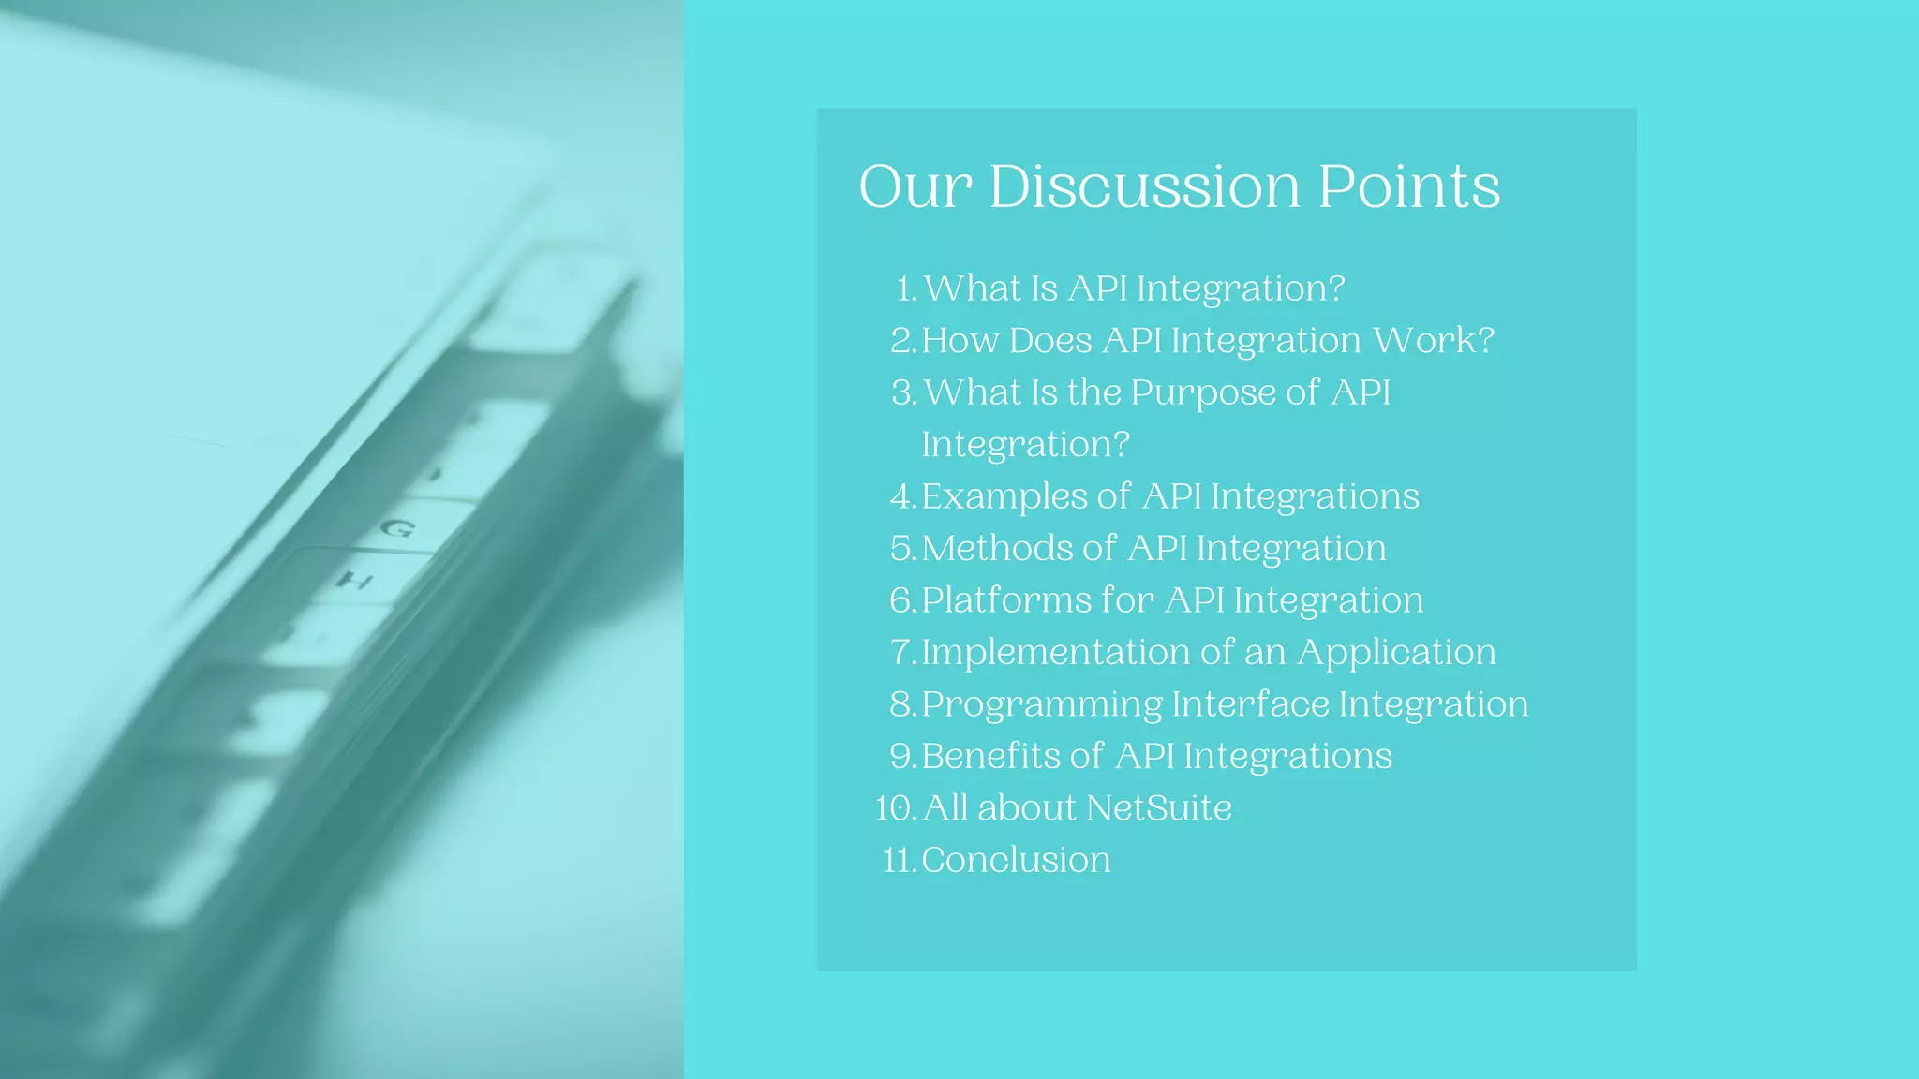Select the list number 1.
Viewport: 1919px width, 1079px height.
click(x=905, y=288)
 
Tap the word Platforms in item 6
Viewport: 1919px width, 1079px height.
click(x=1005, y=600)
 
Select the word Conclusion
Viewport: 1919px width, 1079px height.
click(x=1016, y=860)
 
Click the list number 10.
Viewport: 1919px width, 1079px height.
click(x=894, y=808)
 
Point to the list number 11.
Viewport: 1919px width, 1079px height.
click(x=898, y=860)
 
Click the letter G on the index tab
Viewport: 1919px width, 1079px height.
click(x=397, y=528)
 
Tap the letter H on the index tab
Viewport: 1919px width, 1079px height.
click(x=355, y=581)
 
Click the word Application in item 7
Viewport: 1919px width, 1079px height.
click(x=1396, y=653)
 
